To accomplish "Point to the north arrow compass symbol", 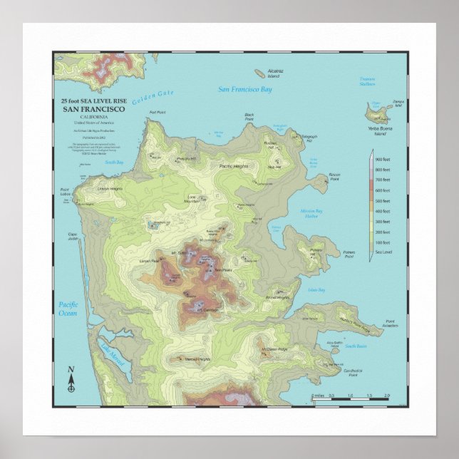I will click(71, 380).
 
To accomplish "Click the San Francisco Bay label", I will click(245, 90).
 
